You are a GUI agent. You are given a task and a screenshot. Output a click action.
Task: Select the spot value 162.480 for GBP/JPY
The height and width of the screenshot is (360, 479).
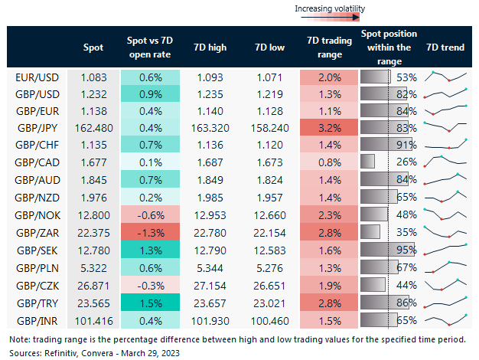click(x=93, y=126)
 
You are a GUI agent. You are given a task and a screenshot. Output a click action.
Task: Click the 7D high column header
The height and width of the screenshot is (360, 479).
click(x=211, y=47)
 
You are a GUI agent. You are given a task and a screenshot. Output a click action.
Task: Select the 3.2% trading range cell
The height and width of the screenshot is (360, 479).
click(x=329, y=126)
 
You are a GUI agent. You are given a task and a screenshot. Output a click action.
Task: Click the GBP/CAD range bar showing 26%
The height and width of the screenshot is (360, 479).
click(x=367, y=161)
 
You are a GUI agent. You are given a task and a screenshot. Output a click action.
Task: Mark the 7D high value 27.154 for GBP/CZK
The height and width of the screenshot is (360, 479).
click(x=211, y=283)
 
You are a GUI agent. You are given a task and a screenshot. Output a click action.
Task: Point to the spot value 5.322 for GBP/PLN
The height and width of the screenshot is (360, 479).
click(x=93, y=267)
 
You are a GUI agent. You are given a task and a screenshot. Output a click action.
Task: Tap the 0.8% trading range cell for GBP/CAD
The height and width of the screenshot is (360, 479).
click(x=329, y=161)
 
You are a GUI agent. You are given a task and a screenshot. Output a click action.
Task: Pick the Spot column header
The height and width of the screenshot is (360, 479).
click(x=93, y=47)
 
